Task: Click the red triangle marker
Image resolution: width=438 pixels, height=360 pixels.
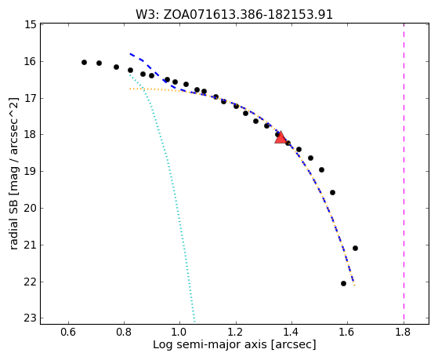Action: coord(281,137)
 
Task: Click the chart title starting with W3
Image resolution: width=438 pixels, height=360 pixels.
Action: coord(234,15)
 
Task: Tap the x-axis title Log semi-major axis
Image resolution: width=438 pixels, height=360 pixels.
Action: coord(234,344)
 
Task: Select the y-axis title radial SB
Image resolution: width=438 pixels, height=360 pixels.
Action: coord(14,173)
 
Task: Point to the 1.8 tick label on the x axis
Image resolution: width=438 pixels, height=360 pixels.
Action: coord(404,332)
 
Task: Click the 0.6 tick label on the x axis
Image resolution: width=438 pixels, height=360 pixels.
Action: coord(68,332)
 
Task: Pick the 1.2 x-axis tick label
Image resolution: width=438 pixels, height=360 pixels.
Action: coord(236,332)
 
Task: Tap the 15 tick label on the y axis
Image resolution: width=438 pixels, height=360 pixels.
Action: coord(31,24)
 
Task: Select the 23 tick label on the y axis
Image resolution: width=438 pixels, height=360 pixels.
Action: coord(31,318)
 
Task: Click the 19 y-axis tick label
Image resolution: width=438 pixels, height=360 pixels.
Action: coord(31,171)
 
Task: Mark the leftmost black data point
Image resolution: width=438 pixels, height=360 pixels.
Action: coord(84,63)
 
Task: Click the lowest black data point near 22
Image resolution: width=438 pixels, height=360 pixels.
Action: coord(343,283)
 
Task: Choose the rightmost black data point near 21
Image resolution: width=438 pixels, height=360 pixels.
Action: coord(355,248)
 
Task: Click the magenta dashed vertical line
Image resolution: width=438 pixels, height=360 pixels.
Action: coord(404,173)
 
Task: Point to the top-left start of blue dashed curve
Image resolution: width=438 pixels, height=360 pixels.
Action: coord(130,53)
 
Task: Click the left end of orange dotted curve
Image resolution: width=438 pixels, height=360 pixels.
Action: coord(130,89)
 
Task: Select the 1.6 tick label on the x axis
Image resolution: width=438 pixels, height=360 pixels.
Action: coord(347,332)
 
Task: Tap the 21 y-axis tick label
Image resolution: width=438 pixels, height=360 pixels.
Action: coord(31,245)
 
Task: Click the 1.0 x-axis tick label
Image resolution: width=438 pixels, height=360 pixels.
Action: coord(179,332)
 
